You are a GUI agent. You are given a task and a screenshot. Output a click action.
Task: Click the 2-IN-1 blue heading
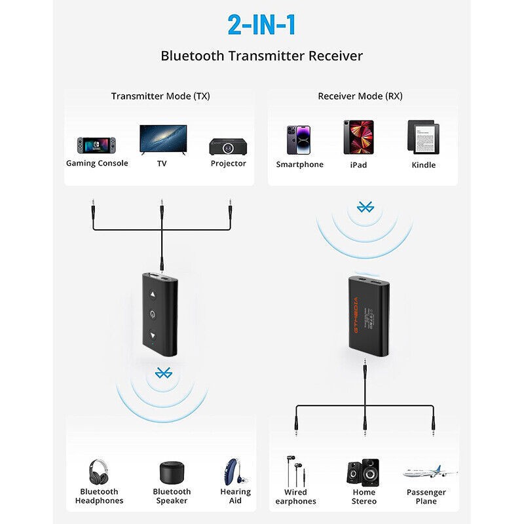(261, 25)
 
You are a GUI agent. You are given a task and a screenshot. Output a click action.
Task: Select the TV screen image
(162, 139)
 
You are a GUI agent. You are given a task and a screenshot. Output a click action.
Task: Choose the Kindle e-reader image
(422, 137)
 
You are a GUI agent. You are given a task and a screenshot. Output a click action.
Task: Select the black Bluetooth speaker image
(172, 472)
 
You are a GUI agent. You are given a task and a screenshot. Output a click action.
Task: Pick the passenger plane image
(429, 472)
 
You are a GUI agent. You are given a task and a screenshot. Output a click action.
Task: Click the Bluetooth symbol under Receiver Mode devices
(364, 208)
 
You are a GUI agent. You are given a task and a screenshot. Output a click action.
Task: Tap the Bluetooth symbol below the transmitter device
(162, 373)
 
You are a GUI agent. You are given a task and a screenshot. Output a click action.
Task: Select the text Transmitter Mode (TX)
(160, 96)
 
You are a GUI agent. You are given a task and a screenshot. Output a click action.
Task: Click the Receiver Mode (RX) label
(360, 96)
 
